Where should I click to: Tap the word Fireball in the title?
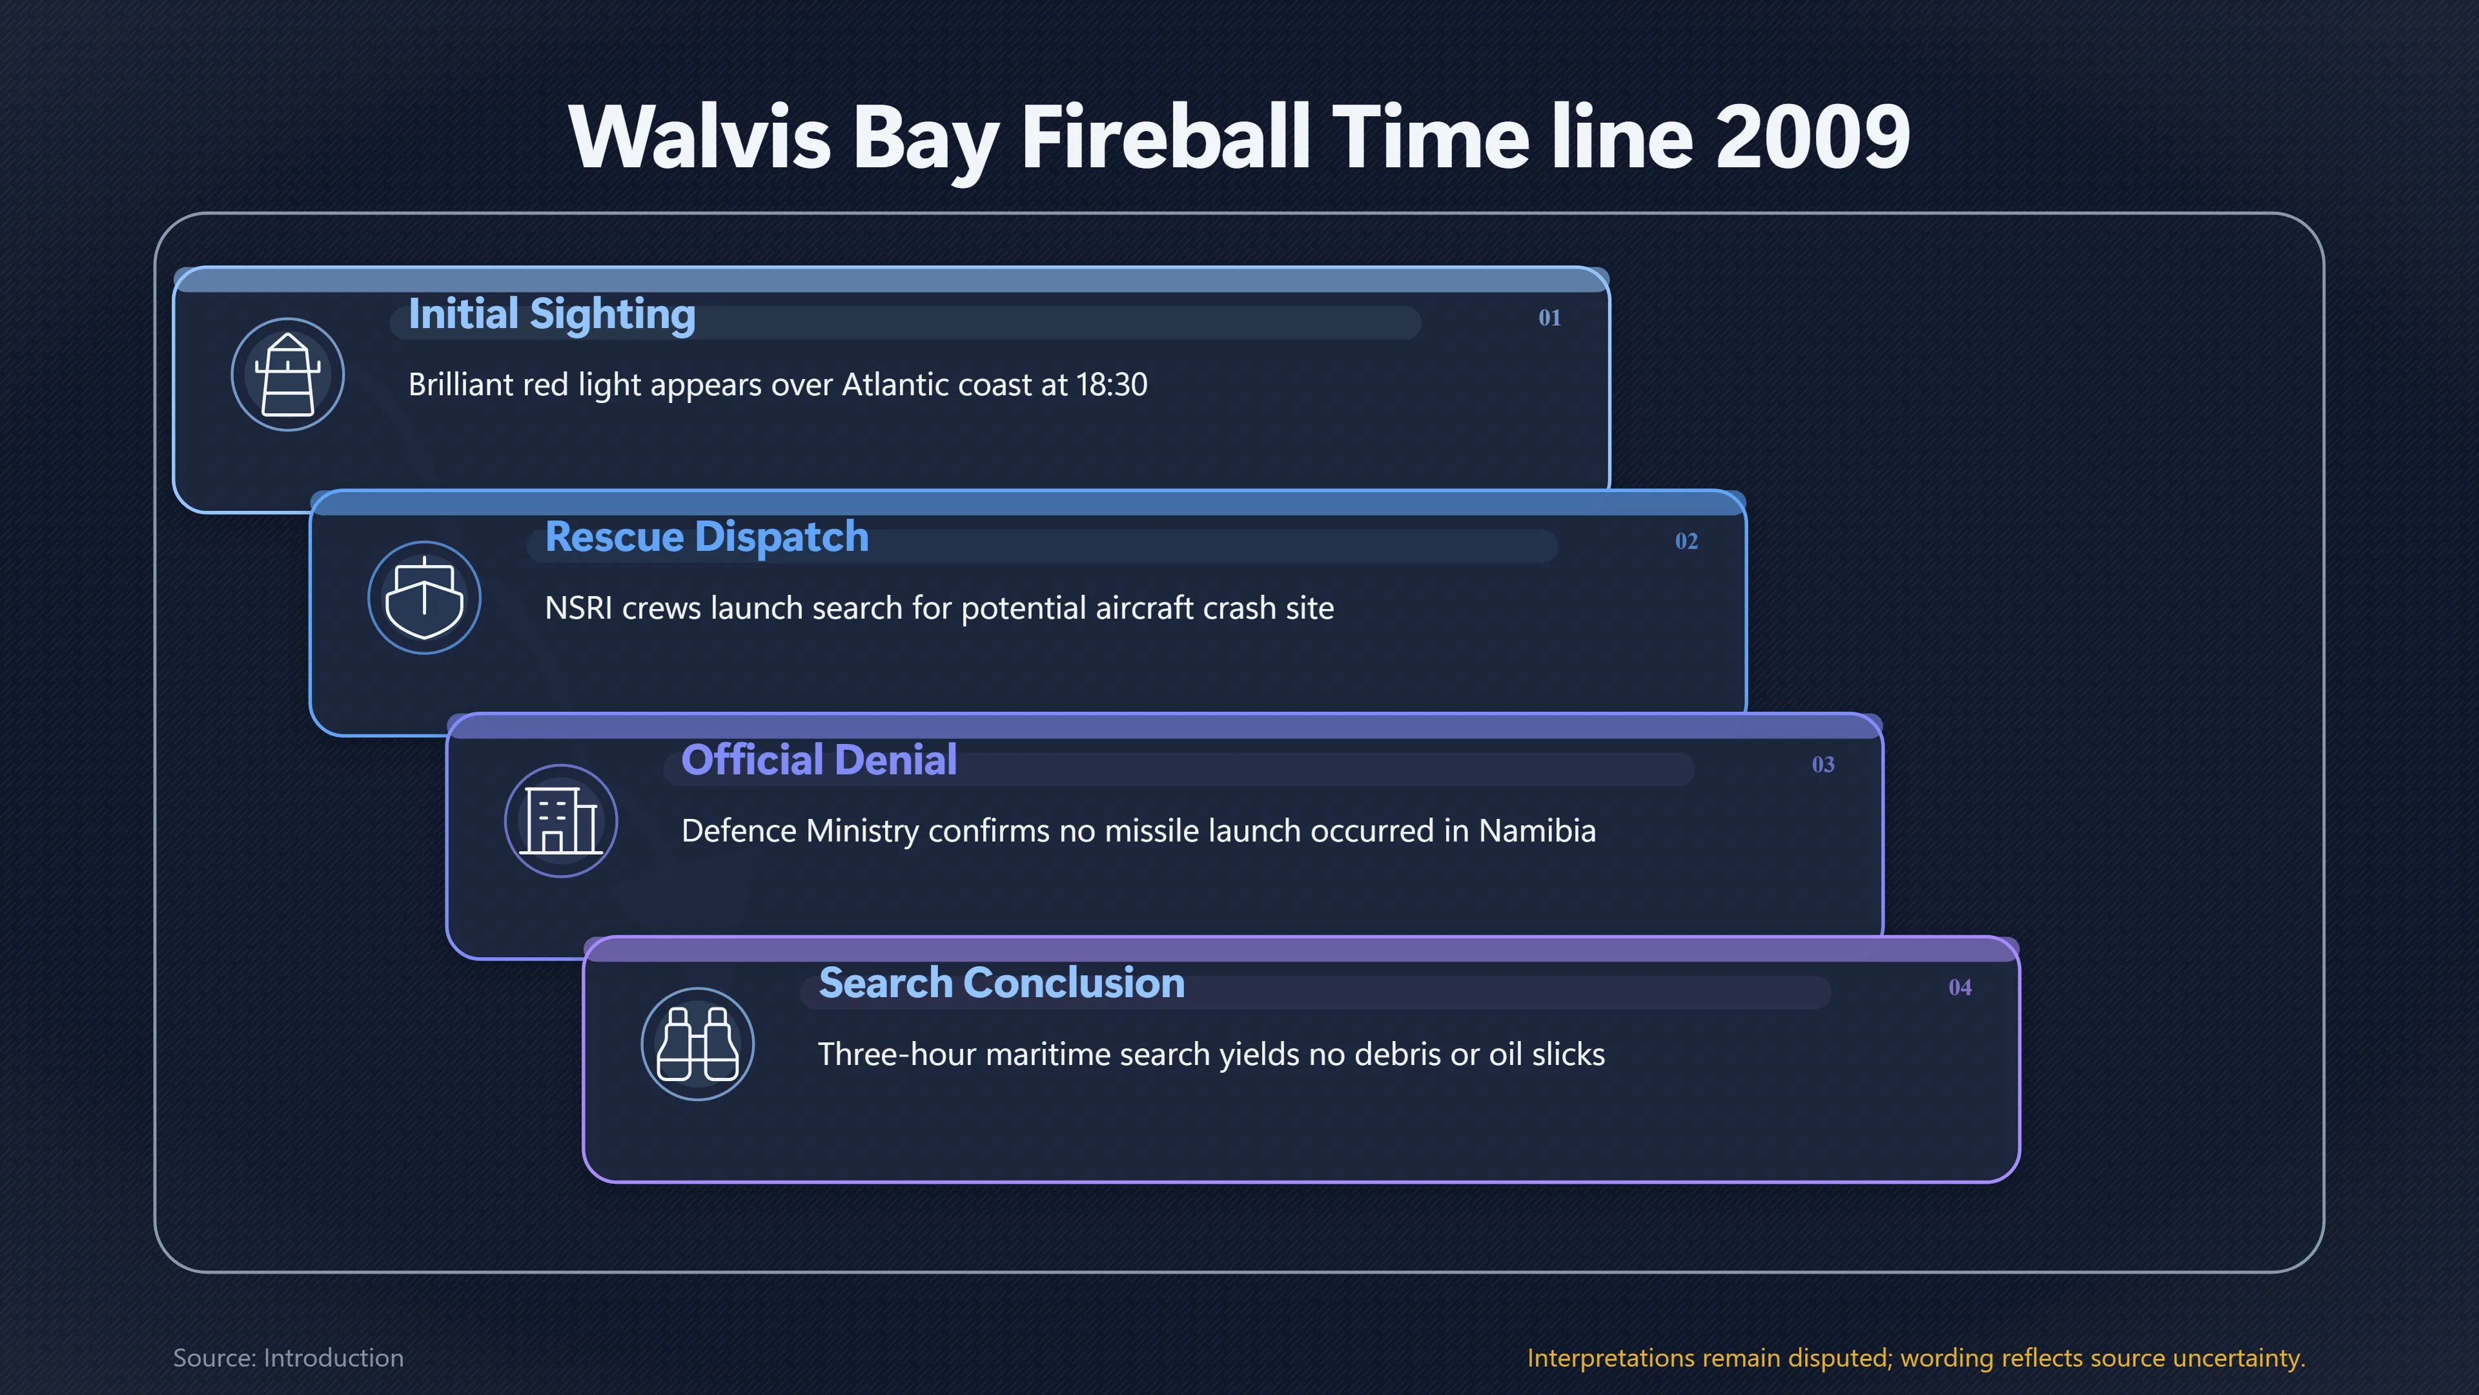1167,137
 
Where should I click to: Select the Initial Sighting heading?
551,315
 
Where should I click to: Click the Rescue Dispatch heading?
706,537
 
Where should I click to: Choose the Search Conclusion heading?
1001,983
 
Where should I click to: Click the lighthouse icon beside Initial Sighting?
288,375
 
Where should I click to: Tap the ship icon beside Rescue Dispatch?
424,598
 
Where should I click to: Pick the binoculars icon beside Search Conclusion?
698,1044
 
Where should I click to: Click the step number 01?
1549,318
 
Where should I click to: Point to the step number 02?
1686,541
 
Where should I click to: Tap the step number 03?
1822,765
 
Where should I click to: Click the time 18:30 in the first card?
1112,384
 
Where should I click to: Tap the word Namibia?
1537,831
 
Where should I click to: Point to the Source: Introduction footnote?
288,1358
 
